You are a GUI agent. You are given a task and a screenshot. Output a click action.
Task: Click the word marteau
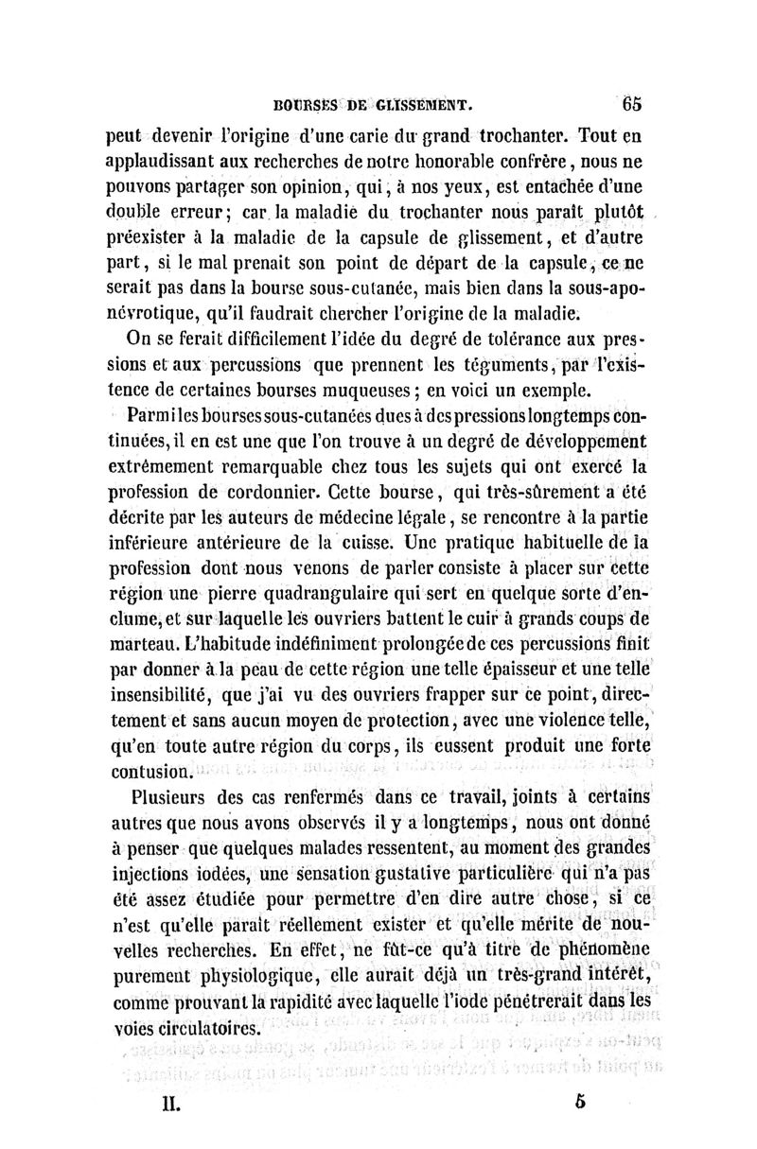tap(141, 638)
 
